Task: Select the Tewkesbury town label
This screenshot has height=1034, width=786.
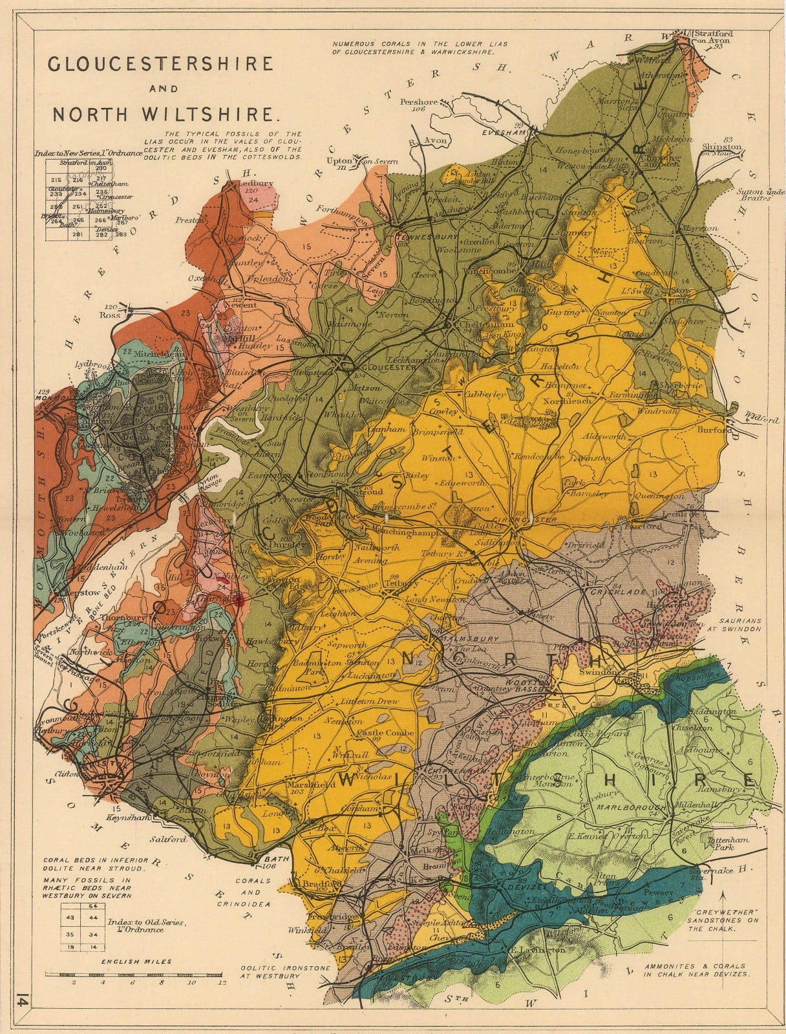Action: tap(432, 237)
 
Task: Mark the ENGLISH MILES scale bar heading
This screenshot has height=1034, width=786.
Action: tap(136, 962)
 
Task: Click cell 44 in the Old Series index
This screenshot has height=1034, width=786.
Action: tap(93, 918)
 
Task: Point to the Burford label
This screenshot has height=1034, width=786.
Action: tap(714, 430)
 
